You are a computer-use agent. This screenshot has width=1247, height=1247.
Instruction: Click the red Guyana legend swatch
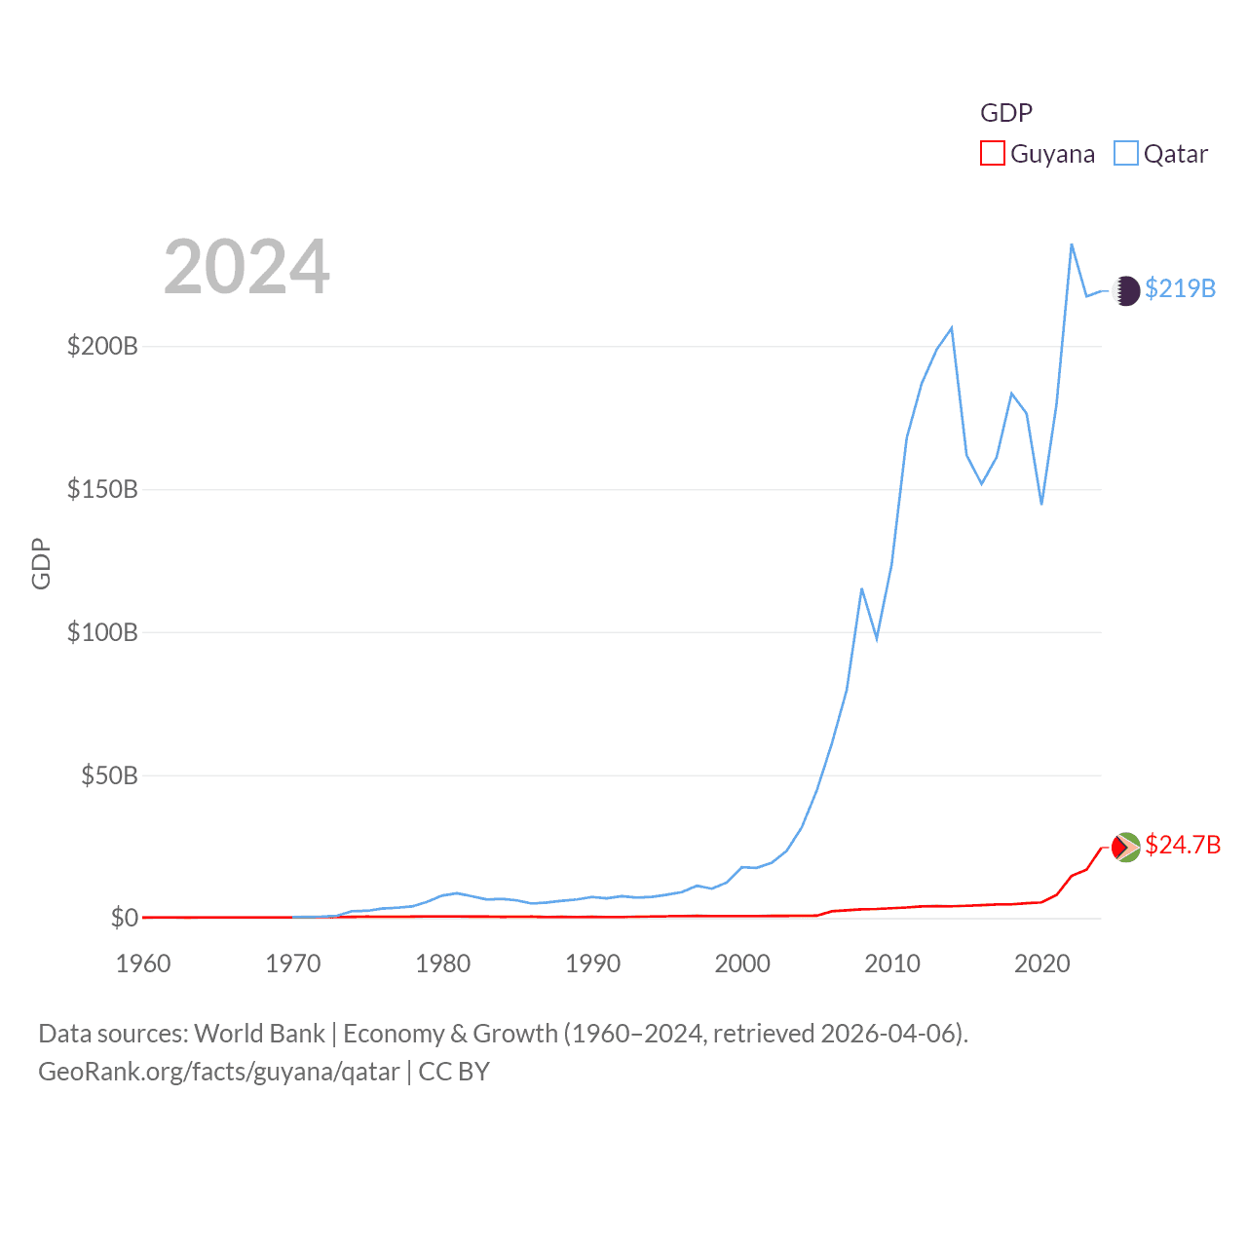click(x=992, y=154)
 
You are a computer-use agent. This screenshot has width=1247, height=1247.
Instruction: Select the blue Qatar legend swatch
click(x=1125, y=154)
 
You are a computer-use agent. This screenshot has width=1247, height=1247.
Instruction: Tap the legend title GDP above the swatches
click(x=1005, y=113)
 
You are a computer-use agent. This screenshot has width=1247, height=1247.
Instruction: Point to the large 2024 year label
click(x=246, y=267)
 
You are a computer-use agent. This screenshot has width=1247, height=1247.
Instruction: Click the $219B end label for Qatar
click(x=1180, y=288)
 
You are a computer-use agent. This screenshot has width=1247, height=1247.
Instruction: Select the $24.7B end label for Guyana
click(x=1182, y=845)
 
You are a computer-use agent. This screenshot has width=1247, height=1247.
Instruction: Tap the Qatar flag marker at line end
click(x=1126, y=290)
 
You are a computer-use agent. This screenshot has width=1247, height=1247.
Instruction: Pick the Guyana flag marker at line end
click(x=1126, y=848)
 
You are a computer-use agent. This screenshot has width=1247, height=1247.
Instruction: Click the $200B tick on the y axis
click(x=102, y=346)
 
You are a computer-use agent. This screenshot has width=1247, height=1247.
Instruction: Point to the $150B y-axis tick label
click(x=102, y=489)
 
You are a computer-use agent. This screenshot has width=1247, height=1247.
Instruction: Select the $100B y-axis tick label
click(x=102, y=632)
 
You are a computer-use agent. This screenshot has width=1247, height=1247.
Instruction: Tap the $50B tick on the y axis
click(x=109, y=775)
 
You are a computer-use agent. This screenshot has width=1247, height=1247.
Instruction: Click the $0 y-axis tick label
click(x=124, y=918)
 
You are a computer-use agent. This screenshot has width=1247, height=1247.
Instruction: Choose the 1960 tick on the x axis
click(x=143, y=964)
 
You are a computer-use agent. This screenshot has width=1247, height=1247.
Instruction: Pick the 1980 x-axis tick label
click(x=442, y=964)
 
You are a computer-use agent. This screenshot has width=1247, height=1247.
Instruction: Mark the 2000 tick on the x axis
click(x=742, y=964)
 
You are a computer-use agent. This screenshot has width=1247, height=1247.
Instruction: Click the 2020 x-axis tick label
click(x=1041, y=964)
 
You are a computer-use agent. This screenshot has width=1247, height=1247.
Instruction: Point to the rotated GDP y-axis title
click(x=41, y=563)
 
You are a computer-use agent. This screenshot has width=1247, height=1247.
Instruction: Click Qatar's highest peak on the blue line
click(x=1072, y=245)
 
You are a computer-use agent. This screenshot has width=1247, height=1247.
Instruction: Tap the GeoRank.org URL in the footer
click(x=219, y=1072)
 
